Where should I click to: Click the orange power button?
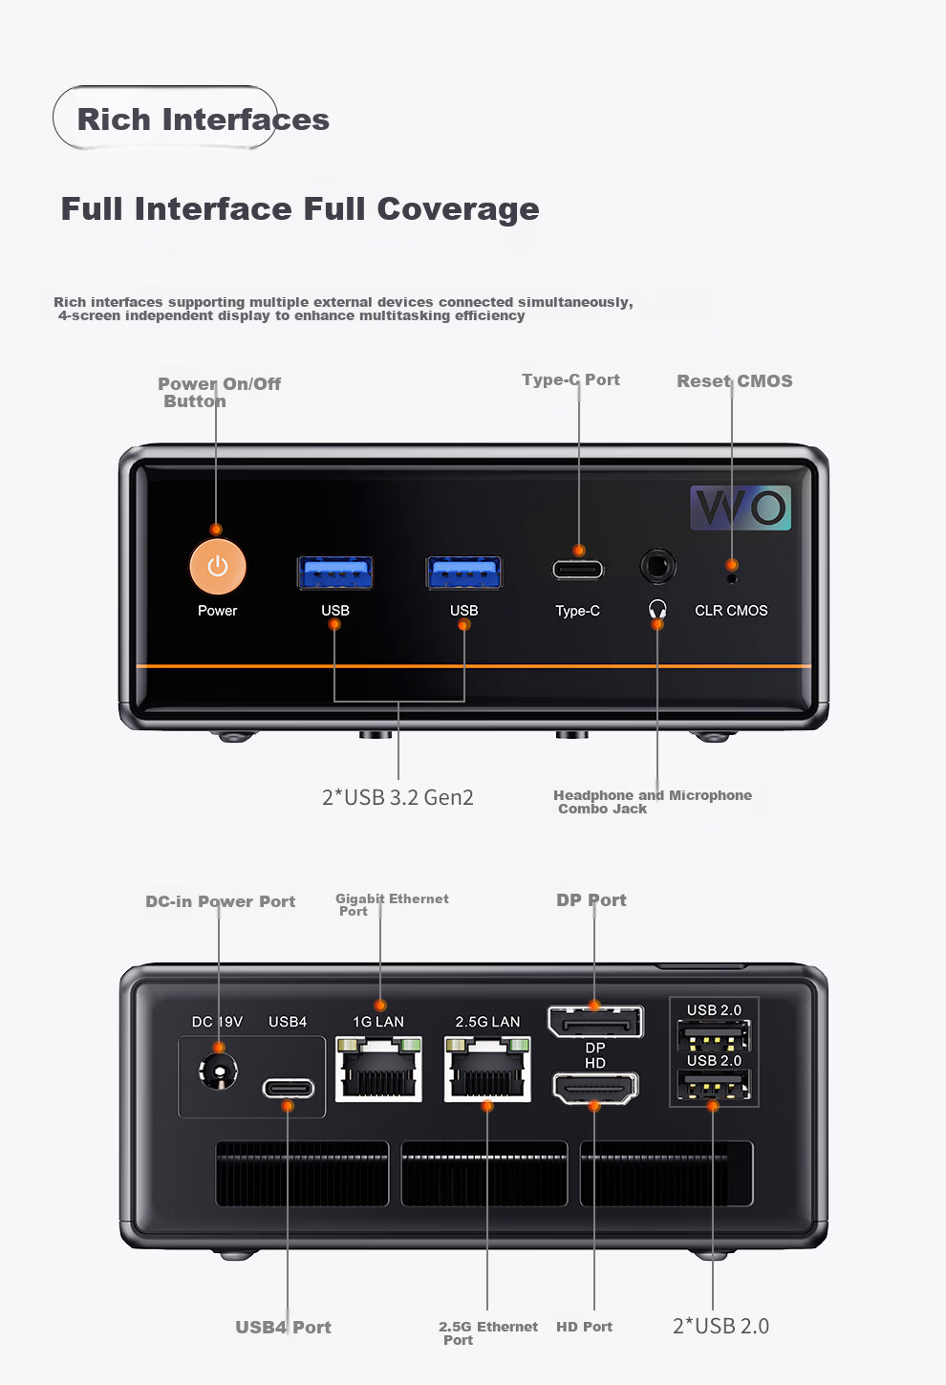218,567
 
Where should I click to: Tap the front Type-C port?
578,570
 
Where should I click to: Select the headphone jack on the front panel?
657,566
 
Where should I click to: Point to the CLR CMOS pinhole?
732,579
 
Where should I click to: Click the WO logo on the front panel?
741,508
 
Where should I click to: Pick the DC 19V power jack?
218,1071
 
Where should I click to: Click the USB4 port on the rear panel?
289,1088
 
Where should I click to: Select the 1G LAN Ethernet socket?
378,1069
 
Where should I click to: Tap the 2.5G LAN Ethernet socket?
487,1069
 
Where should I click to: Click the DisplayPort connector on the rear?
595,1021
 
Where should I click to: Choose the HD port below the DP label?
594,1088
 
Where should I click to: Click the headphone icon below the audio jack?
657,609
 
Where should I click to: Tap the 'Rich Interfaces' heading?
204,119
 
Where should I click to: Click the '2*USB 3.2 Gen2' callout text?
398,797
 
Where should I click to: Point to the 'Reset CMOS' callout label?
735,380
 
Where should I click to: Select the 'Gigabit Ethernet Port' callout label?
392,904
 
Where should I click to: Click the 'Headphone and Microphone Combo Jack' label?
653,802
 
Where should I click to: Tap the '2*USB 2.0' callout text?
720,1327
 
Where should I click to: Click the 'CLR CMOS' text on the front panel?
731,610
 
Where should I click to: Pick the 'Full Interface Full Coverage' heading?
300,209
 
